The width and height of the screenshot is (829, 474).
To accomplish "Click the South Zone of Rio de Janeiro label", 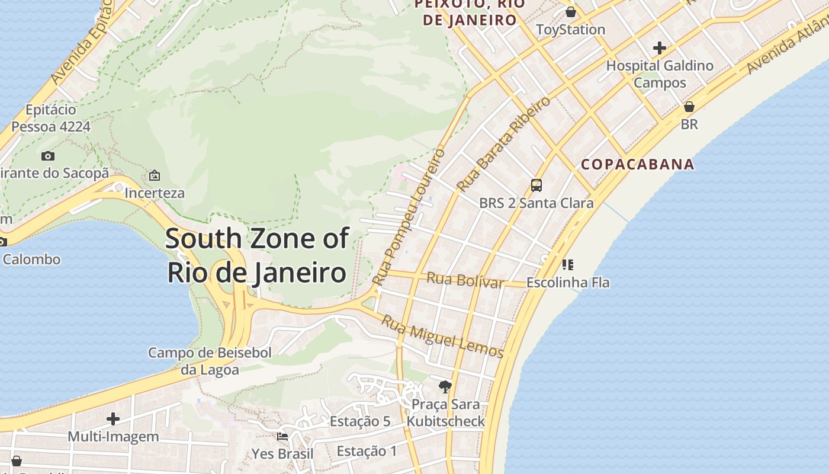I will pyautogui.click(x=256, y=255).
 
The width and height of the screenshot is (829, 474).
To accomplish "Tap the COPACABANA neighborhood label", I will pyautogui.click(x=637, y=165).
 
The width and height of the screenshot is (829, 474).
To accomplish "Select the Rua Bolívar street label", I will pyautogui.click(x=465, y=279).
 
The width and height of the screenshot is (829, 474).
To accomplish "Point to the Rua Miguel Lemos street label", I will pyautogui.click(x=442, y=337).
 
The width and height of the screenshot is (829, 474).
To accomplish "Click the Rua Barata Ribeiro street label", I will pyautogui.click(x=503, y=144).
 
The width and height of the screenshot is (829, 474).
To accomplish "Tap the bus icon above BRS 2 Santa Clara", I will pyautogui.click(x=536, y=185).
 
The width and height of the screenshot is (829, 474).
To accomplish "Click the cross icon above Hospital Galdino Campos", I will pyautogui.click(x=659, y=48).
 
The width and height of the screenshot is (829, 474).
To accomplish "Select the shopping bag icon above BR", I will pyautogui.click(x=689, y=107).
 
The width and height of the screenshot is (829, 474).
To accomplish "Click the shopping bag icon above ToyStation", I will pyautogui.click(x=570, y=12).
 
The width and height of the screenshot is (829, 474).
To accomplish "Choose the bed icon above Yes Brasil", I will pyautogui.click(x=282, y=437).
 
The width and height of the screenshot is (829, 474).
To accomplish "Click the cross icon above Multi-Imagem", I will pyautogui.click(x=113, y=419).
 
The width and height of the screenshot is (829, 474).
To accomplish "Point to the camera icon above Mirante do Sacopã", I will pyautogui.click(x=48, y=156).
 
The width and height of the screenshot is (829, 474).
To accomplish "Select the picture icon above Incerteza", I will pyautogui.click(x=155, y=175).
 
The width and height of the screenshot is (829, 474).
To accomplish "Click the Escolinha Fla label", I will pyautogui.click(x=567, y=282).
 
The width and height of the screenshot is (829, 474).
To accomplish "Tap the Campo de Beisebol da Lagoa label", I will pyautogui.click(x=210, y=361).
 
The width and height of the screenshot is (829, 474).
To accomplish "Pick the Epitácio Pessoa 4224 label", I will pyautogui.click(x=51, y=118).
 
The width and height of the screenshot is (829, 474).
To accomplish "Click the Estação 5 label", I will pyautogui.click(x=360, y=421).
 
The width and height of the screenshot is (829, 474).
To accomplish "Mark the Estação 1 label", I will pyautogui.click(x=367, y=451).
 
